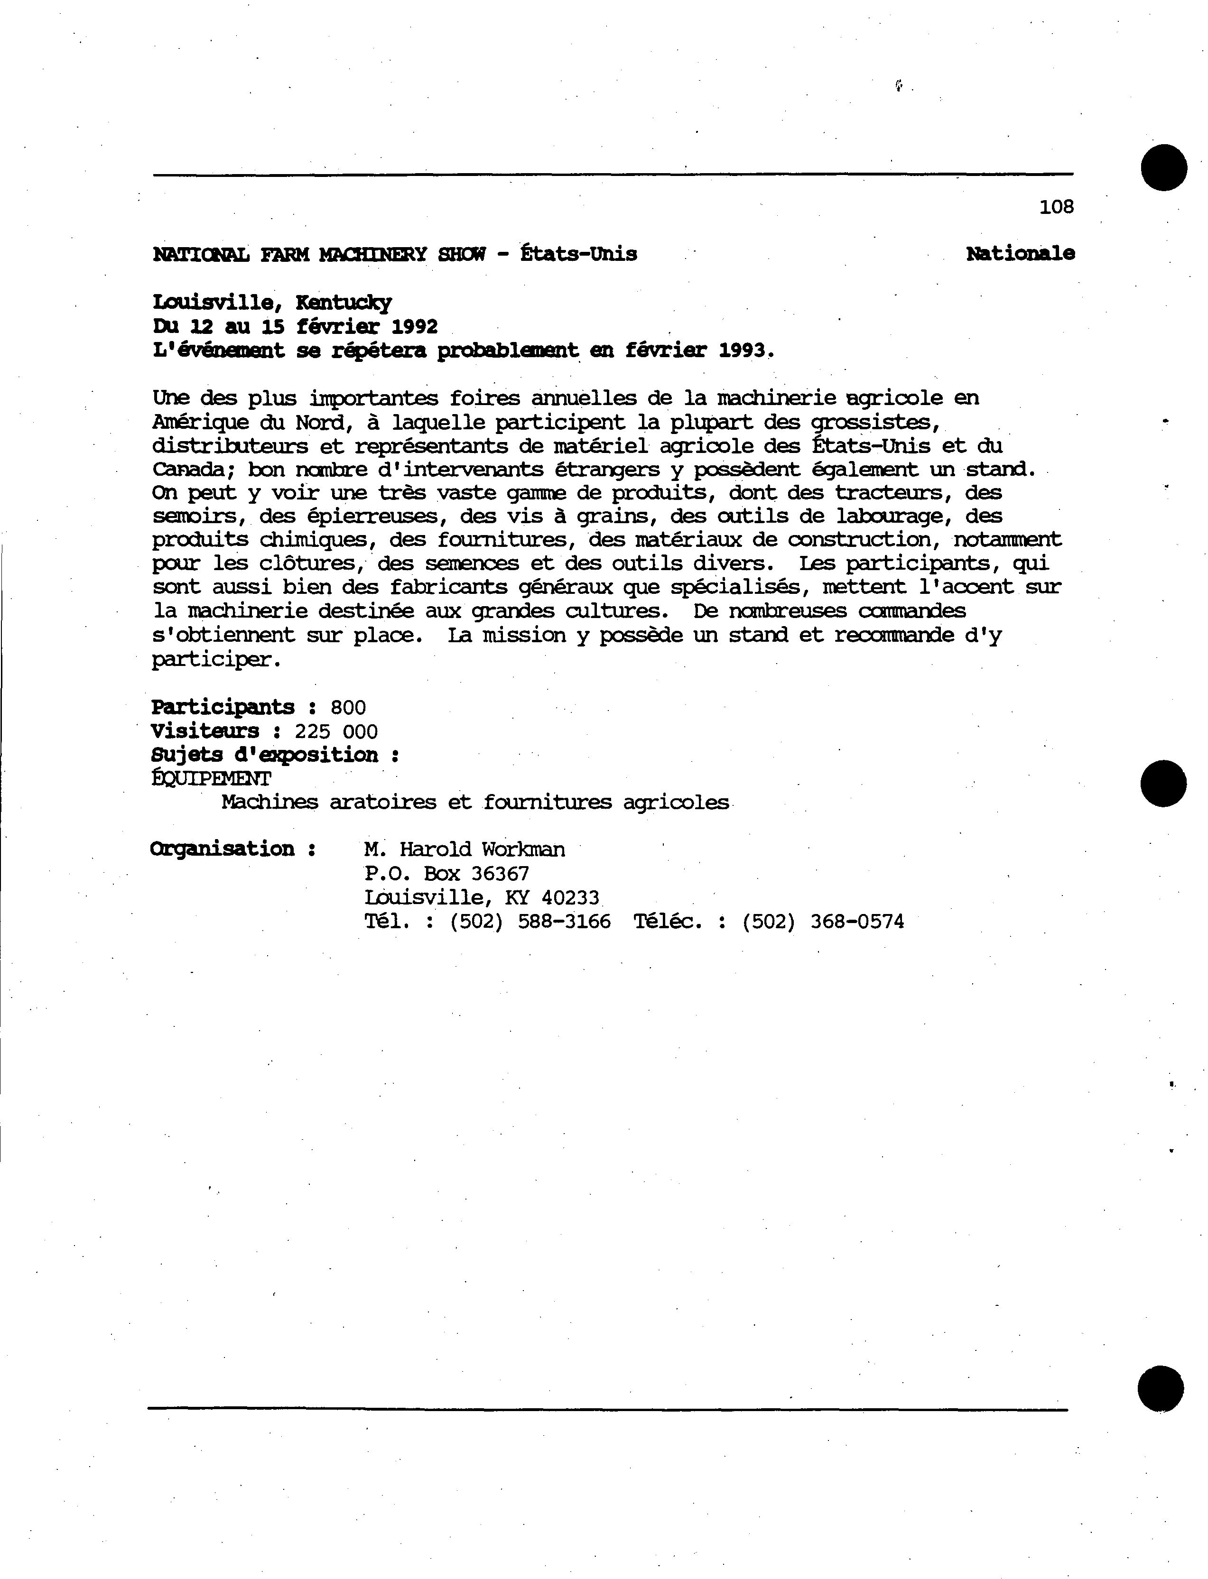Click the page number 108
[1056, 207]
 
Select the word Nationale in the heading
[1020, 254]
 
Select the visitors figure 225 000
[336, 732]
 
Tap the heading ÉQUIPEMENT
[212, 778]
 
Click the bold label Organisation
[222, 849]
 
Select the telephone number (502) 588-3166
[530, 922]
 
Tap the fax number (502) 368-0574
[823, 922]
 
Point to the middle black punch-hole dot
[1163, 784]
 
